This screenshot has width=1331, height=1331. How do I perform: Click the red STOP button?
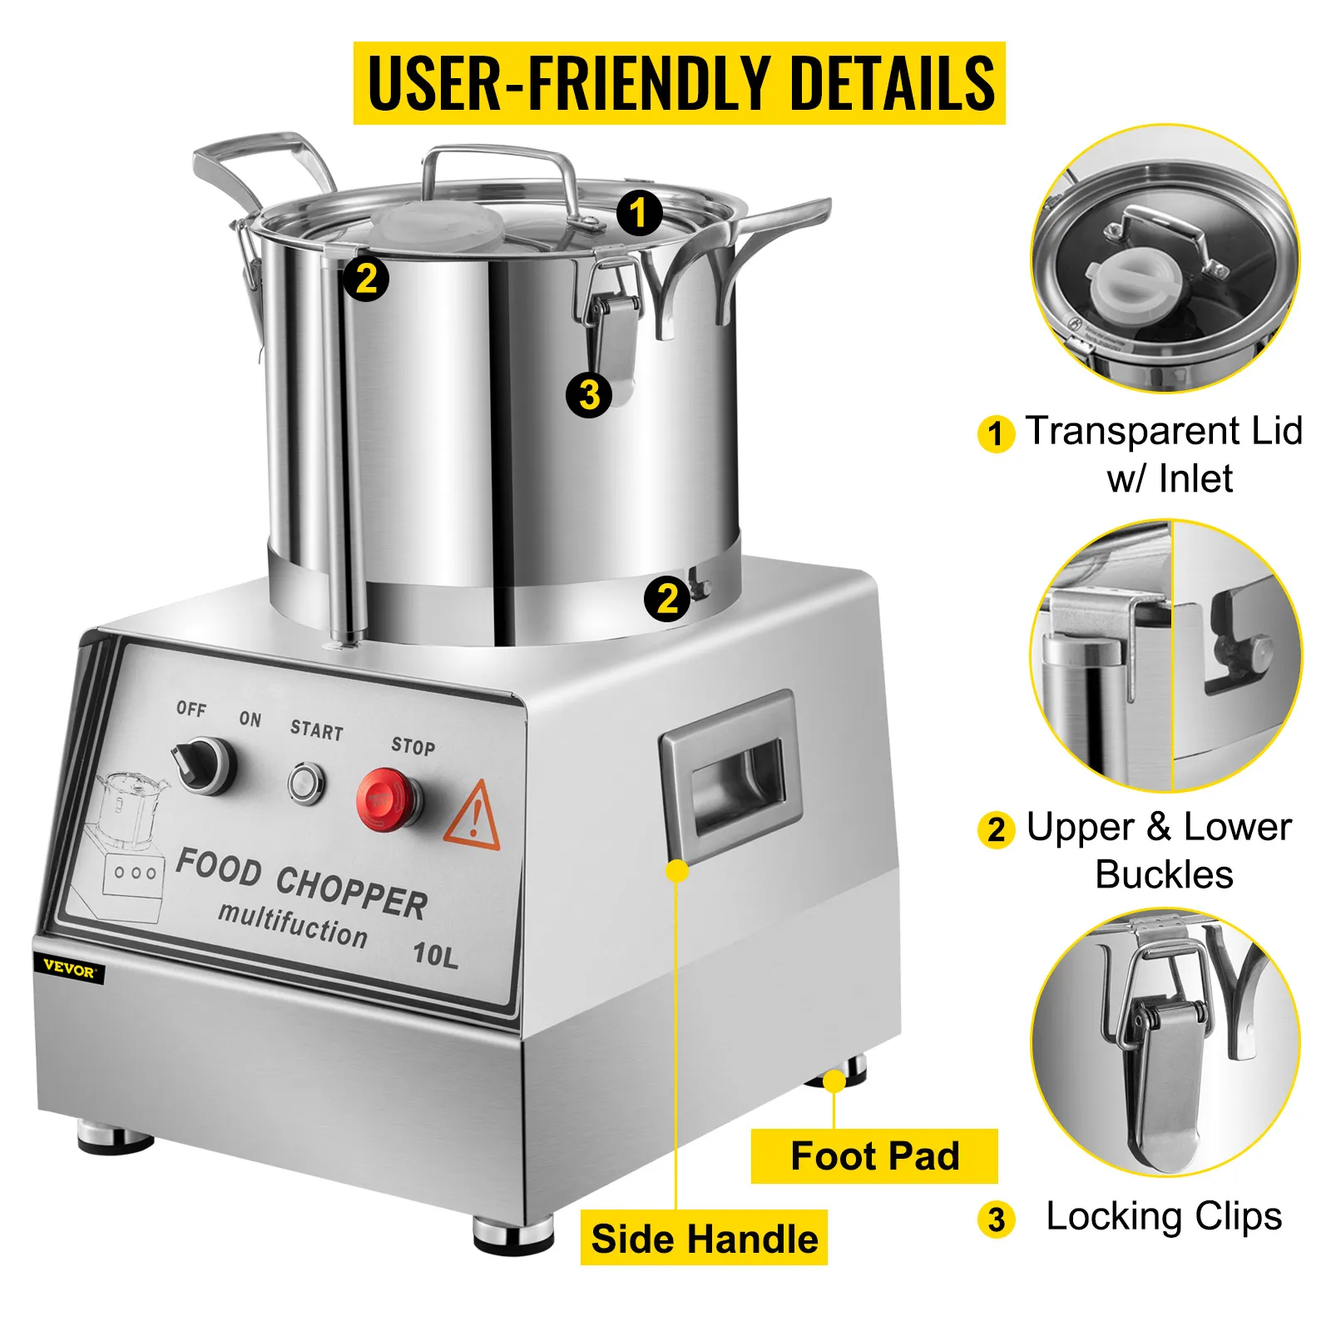tap(384, 799)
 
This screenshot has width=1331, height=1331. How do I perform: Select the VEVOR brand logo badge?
tap(69, 969)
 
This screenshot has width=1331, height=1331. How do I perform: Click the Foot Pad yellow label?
tap(873, 1156)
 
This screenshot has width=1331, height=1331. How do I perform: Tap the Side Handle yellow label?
tap(704, 1238)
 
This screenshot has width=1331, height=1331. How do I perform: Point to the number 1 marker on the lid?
tap(639, 213)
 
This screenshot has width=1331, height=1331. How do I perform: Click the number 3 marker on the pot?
tap(589, 394)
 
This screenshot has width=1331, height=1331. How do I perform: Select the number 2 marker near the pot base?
tap(667, 598)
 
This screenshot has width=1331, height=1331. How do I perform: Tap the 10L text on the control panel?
tap(435, 953)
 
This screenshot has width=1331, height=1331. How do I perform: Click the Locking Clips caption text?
tap(1163, 1216)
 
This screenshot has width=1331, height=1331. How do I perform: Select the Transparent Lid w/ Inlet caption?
tap(1163, 454)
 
